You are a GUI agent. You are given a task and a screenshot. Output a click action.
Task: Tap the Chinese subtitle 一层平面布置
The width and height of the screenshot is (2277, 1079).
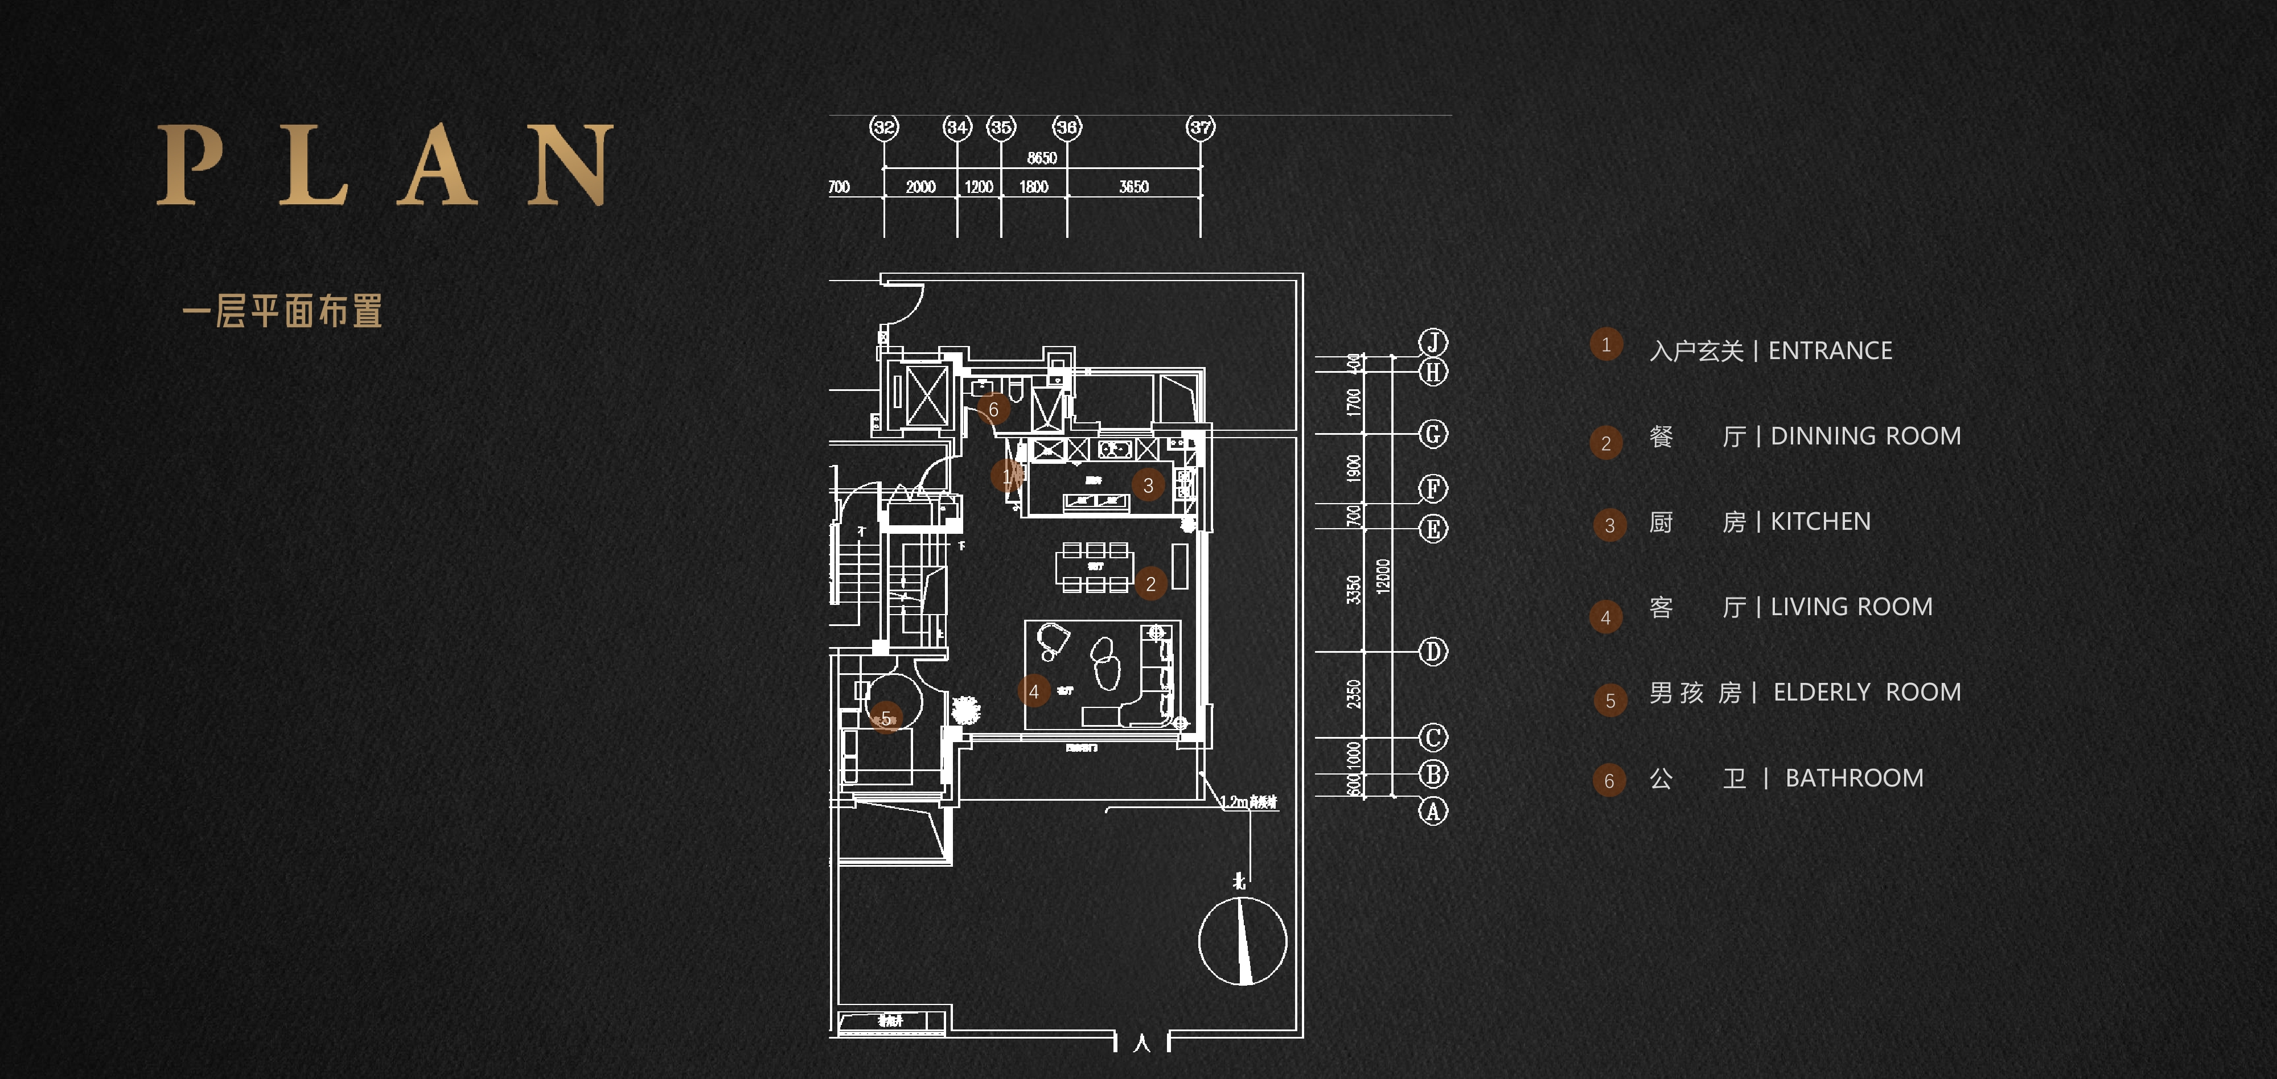282,311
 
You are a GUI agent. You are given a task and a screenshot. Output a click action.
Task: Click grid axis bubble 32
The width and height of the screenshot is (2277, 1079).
884,127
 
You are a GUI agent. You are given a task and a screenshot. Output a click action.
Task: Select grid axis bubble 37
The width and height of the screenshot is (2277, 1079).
1201,127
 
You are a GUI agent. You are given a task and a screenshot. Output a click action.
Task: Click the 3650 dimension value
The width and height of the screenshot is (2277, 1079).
1133,187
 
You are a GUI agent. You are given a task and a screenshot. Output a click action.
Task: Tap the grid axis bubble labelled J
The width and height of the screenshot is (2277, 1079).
1433,342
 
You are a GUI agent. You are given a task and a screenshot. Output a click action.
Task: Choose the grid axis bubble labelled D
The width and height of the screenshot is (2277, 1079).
1433,652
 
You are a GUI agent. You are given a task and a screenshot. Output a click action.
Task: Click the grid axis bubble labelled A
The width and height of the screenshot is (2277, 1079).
1433,810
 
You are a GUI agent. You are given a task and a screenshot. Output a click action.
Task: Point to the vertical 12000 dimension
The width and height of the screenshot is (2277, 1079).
1383,576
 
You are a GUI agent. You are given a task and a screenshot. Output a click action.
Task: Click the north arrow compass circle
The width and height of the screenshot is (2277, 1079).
1242,941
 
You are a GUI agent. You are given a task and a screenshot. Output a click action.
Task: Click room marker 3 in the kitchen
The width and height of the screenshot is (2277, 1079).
1148,485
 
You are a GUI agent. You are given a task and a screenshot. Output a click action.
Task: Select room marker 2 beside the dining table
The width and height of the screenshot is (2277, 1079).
1151,583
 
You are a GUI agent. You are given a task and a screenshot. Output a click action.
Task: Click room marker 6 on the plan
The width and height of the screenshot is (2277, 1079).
993,409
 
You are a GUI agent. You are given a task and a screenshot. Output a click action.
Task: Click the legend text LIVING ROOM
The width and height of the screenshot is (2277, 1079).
1851,607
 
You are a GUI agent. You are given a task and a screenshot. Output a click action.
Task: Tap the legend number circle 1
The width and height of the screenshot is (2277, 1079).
1606,345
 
